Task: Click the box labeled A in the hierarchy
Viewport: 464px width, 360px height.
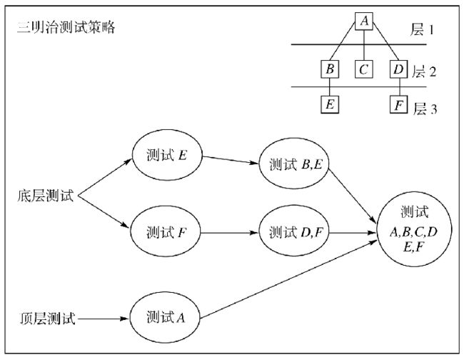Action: click(364, 21)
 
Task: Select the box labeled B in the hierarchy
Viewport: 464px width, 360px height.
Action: click(330, 69)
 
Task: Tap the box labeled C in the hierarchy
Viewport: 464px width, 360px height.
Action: click(363, 69)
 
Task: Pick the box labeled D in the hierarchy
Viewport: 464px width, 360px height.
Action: click(398, 69)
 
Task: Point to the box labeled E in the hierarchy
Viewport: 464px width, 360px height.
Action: click(330, 104)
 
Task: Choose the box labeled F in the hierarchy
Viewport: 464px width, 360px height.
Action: click(398, 104)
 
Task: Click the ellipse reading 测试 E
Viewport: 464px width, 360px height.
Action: click(167, 155)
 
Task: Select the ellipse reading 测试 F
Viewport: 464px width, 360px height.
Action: click(166, 231)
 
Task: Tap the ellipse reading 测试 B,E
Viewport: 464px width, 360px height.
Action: click(294, 164)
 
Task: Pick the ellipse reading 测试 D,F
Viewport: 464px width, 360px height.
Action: click(294, 231)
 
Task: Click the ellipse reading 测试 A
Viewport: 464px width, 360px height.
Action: click(165, 318)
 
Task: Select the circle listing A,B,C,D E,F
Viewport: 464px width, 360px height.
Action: click(414, 229)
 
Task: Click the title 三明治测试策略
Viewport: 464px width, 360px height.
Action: click(66, 28)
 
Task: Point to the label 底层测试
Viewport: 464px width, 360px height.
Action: click(45, 196)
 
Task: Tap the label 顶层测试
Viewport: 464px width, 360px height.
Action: click(47, 319)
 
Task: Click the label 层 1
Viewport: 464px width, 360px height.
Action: click(423, 29)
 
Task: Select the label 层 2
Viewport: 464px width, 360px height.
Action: click(424, 71)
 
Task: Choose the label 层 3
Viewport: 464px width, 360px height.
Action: click(425, 109)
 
